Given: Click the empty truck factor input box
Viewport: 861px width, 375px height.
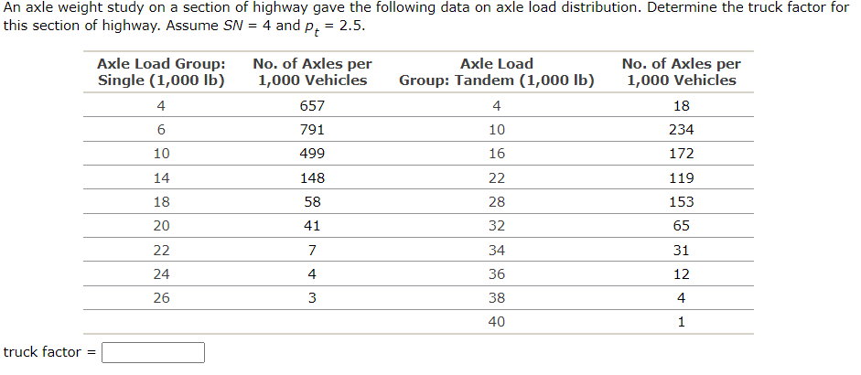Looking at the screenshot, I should [153, 352].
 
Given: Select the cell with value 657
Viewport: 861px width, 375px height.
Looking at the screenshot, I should [312, 105].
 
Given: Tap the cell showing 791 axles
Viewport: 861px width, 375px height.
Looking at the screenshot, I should [312, 129].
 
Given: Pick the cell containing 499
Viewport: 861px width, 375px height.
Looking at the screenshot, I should [312, 153].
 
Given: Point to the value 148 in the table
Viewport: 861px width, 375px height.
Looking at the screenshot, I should [312, 177].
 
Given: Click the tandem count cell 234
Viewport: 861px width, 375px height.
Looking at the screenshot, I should [681, 129].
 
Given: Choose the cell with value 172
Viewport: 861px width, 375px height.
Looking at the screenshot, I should [681, 153].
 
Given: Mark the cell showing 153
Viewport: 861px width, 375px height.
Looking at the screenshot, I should [681, 201].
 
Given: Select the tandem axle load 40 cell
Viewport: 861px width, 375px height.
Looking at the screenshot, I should [496, 322].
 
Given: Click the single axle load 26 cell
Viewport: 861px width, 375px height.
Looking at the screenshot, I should [161, 297].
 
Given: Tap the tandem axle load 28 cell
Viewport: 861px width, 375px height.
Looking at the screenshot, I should [496, 201].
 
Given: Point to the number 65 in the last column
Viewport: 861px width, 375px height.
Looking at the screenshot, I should [681, 225].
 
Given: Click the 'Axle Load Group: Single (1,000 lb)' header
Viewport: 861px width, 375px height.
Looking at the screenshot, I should [161, 72].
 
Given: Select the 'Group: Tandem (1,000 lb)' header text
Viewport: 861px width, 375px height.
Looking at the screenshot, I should [496, 80].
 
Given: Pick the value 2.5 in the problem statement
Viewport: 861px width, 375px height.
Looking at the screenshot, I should [351, 25].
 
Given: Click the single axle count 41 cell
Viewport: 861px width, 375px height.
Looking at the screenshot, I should [312, 225].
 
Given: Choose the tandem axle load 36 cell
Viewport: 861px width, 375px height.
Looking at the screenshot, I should [496, 273].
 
